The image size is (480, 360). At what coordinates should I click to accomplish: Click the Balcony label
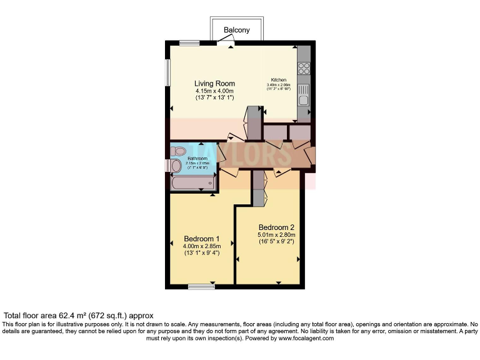point(237,30)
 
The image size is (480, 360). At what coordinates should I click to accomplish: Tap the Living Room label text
point(214,84)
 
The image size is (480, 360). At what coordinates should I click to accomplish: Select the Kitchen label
point(278,80)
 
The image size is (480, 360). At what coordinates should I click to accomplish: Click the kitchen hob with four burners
point(304,68)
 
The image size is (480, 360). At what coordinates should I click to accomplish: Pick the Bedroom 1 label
point(201,239)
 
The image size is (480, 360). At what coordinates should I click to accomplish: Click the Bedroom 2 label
point(276,227)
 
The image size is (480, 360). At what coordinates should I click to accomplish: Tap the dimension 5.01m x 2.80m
point(276,234)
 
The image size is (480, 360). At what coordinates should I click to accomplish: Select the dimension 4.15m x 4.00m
point(214,91)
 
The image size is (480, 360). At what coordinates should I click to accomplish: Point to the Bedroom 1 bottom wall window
point(201,287)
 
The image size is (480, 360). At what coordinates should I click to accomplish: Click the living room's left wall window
point(167,72)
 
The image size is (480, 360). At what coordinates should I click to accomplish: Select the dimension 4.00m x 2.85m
point(201,246)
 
